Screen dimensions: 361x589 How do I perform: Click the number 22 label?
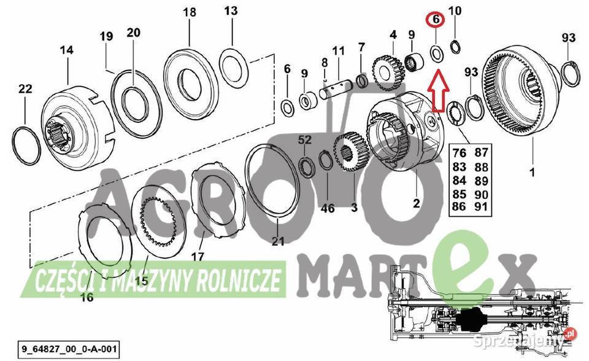click(x=25, y=89)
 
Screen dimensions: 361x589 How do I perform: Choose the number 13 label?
click(x=230, y=11)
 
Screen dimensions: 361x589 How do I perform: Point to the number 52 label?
click(x=305, y=141)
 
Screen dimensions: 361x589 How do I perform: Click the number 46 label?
click(x=328, y=208)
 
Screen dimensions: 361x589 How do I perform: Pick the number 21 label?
click(x=278, y=242)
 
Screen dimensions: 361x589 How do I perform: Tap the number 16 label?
click(x=87, y=298)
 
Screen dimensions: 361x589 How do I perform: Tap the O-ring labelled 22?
click(x=26, y=145)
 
